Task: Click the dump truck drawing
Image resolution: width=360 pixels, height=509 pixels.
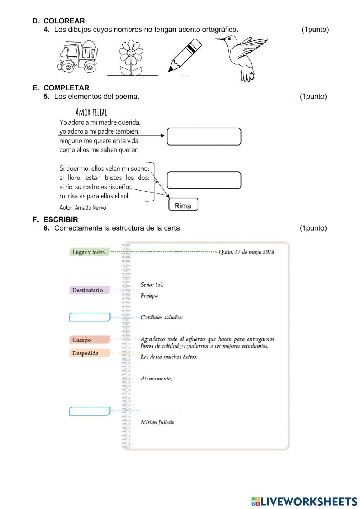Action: [x=77, y=57]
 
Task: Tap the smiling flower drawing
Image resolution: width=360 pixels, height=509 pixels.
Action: [x=131, y=58]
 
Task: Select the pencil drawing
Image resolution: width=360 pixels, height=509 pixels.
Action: [x=185, y=55]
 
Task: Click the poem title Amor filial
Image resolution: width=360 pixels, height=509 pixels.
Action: [x=91, y=112]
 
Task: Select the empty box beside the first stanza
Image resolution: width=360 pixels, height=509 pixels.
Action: [x=204, y=137]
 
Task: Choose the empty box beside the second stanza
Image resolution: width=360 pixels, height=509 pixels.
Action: [x=204, y=180]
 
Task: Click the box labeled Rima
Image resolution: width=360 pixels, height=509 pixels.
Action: [x=183, y=205]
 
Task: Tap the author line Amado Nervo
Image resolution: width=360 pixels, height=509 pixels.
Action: [x=83, y=207]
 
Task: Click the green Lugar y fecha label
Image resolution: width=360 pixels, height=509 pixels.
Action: [x=89, y=252]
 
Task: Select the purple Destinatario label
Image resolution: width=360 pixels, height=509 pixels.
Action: [x=89, y=290]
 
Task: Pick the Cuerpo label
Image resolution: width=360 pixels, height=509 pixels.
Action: [x=89, y=340]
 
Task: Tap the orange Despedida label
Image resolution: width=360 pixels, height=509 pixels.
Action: [x=89, y=353]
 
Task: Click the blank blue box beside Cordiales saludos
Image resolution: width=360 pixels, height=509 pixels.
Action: [x=89, y=317]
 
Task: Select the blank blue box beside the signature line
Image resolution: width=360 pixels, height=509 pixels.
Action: [x=89, y=411]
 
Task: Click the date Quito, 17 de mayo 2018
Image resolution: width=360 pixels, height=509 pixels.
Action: [x=246, y=252]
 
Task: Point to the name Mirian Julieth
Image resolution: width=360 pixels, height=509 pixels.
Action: [x=157, y=422]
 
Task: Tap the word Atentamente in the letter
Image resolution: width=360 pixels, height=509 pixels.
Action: [x=156, y=379]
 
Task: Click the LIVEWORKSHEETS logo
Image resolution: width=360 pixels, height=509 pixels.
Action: [x=304, y=501]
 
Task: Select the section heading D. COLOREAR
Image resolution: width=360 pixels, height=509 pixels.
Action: [x=59, y=21]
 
